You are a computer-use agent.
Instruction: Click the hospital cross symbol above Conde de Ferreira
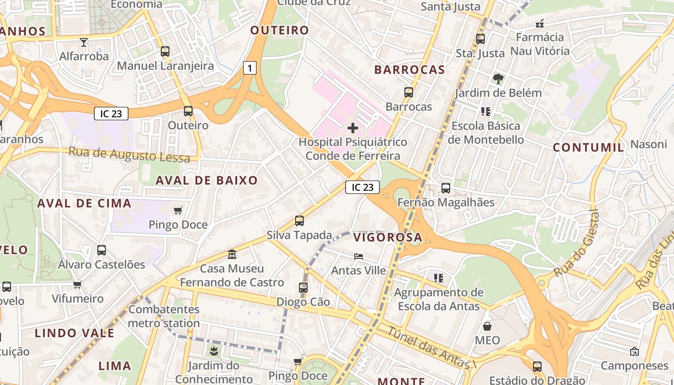pyautogui.click(x=353, y=128)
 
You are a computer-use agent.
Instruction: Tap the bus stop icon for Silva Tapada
pyautogui.click(x=299, y=221)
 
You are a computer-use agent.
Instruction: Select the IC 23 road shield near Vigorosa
pyautogui.click(x=362, y=187)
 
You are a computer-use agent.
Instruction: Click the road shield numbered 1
pyautogui.click(x=249, y=68)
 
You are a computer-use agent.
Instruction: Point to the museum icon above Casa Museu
pyautogui.click(x=232, y=254)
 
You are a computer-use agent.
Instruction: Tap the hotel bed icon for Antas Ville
pyautogui.click(x=359, y=257)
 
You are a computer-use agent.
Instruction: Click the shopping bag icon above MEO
pyautogui.click(x=487, y=327)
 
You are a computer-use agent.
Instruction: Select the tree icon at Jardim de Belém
pyautogui.click(x=498, y=78)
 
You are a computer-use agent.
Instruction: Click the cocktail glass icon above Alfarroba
pyautogui.click(x=84, y=42)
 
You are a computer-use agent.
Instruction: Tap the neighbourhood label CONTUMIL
pyautogui.click(x=588, y=148)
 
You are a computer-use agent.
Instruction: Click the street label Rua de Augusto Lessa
pyautogui.click(x=129, y=155)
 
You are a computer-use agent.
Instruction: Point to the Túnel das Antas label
pyautogui.click(x=431, y=347)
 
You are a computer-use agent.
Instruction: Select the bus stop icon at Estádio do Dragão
pyautogui.click(x=537, y=367)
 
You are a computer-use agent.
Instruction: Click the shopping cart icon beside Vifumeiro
pyautogui.click(x=78, y=285)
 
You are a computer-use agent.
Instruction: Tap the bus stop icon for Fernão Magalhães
pyautogui.click(x=446, y=188)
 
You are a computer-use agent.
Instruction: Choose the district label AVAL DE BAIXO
pyautogui.click(x=207, y=180)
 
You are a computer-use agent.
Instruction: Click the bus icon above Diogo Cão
pyautogui.click(x=303, y=288)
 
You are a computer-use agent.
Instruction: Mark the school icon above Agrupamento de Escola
pyautogui.click(x=438, y=278)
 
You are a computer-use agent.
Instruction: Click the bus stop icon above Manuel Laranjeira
pyautogui.click(x=165, y=51)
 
